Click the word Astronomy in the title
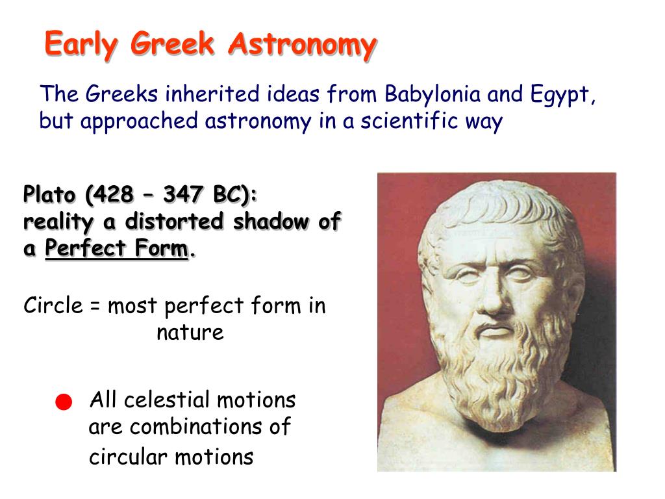point(303,45)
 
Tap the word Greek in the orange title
point(172,44)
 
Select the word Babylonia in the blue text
point(433,94)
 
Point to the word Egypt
point(562,96)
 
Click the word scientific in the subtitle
point(409,120)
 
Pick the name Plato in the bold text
point(49,195)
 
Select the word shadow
point(271,221)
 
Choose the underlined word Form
point(162,248)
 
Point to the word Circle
point(53,305)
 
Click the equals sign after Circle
point(95,307)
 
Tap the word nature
point(190,333)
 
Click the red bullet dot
point(64,402)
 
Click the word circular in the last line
point(128,457)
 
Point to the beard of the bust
point(501,374)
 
